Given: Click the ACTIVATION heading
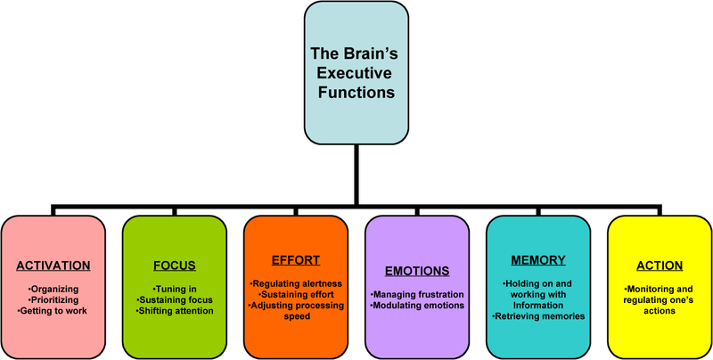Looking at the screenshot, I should click(x=53, y=266).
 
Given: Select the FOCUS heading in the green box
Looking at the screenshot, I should click(x=175, y=266).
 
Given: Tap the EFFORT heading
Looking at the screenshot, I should click(x=296, y=260).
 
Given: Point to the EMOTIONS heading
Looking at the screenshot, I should click(x=416, y=271).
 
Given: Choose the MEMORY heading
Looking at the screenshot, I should click(x=538, y=260).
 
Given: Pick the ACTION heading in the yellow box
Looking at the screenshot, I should click(x=659, y=266).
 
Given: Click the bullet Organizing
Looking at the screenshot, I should click(x=54, y=289).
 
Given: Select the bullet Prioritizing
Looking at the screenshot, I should click(x=54, y=299).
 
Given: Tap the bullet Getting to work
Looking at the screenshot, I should click(x=54, y=310).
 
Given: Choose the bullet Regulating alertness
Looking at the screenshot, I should click(x=296, y=282).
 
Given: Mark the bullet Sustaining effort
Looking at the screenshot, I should click(x=296, y=293).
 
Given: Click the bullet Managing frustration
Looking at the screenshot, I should click(x=416, y=294).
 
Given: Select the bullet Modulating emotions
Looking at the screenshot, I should click(x=416, y=305).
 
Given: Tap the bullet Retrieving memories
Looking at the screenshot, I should click(x=538, y=315).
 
